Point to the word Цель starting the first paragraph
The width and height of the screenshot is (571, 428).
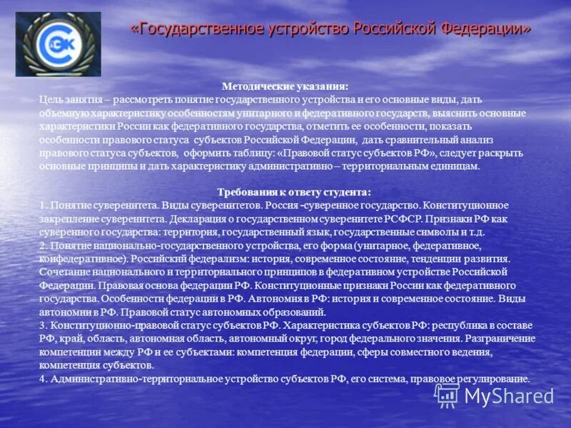point(51,100)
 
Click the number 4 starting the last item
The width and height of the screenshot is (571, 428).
point(42,379)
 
